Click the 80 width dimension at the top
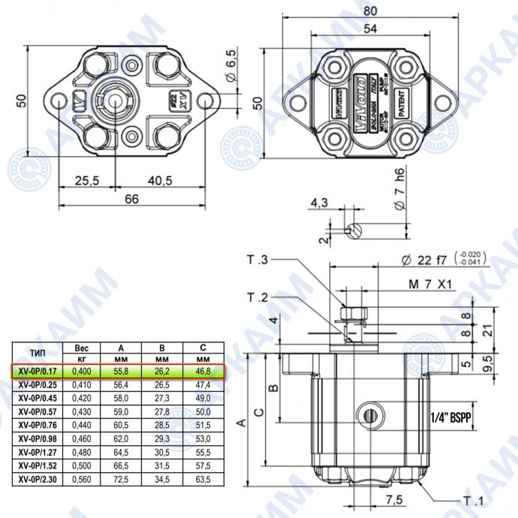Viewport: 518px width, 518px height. point(370,11)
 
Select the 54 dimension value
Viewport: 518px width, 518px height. point(370,29)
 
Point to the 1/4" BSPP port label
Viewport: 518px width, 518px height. point(449,418)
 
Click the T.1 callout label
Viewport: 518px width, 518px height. point(472,501)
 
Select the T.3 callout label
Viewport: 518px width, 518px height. point(257,261)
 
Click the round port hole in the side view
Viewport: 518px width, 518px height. point(369,413)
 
